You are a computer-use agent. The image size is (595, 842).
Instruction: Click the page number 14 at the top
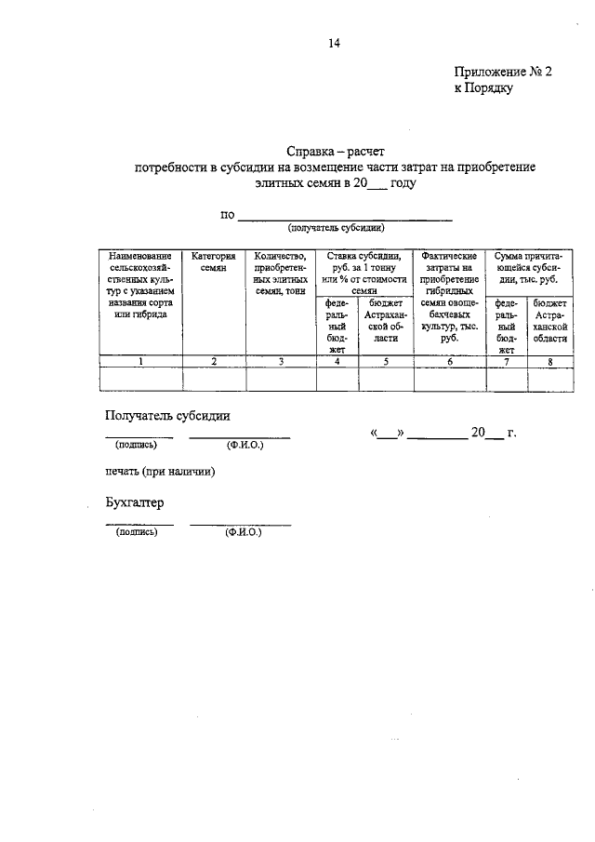pyautogui.click(x=334, y=42)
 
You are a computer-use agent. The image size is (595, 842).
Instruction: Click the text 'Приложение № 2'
pyautogui.click(x=503, y=72)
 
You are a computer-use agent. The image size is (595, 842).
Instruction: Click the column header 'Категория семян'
pyautogui.click(x=214, y=261)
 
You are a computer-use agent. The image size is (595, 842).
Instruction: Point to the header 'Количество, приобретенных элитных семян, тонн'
pyautogui.click(x=280, y=273)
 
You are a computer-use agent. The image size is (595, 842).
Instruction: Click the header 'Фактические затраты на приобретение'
pyautogui.click(x=449, y=267)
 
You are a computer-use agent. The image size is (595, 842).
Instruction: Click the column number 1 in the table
pyautogui.click(x=140, y=362)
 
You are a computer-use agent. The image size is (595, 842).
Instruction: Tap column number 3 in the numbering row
pyautogui.click(x=280, y=362)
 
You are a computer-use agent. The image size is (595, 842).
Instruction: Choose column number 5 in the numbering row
pyautogui.click(x=385, y=362)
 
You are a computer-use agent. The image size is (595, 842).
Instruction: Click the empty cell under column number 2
pyautogui.click(x=214, y=379)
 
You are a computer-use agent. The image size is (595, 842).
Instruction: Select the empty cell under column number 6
pyautogui.click(x=449, y=379)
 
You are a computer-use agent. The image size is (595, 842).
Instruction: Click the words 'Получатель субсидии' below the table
pyautogui.click(x=167, y=416)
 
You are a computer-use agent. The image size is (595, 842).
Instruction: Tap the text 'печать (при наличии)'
pyautogui.click(x=160, y=472)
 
